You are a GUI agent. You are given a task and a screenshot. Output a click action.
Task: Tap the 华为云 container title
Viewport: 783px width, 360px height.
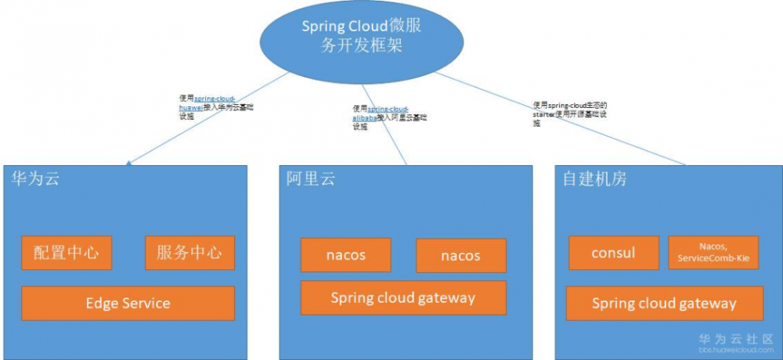pyautogui.click(x=35, y=179)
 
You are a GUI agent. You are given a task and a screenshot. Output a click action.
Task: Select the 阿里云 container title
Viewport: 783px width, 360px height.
pyautogui.click(x=310, y=179)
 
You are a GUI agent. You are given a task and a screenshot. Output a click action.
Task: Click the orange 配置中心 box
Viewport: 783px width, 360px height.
pyautogui.click(x=67, y=253)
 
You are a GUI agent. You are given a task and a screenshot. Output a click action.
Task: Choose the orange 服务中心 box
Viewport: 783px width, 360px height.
pyautogui.click(x=189, y=253)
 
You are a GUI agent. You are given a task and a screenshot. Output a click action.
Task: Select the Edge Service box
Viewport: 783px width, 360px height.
pyautogui.click(x=128, y=303)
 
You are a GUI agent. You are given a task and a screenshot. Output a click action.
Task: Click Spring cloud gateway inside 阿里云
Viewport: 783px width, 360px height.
pyautogui.click(x=403, y=298)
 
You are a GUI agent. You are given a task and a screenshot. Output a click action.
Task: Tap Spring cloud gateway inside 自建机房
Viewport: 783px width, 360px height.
pyautogui.click(x=664, y=304)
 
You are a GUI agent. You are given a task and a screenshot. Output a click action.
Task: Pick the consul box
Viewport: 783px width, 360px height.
pyautogui.click(x=613, y=253)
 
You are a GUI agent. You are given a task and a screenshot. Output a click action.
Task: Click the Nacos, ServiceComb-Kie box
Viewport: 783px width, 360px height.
pyautogui.click(x=713, y=253)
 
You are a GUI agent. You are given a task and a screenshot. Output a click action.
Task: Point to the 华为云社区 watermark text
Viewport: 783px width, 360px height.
pyautogui.click(x=733, y=339)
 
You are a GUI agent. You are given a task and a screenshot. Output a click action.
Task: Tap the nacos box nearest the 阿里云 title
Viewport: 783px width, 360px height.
pyautogui.click(x=345, y=255)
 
